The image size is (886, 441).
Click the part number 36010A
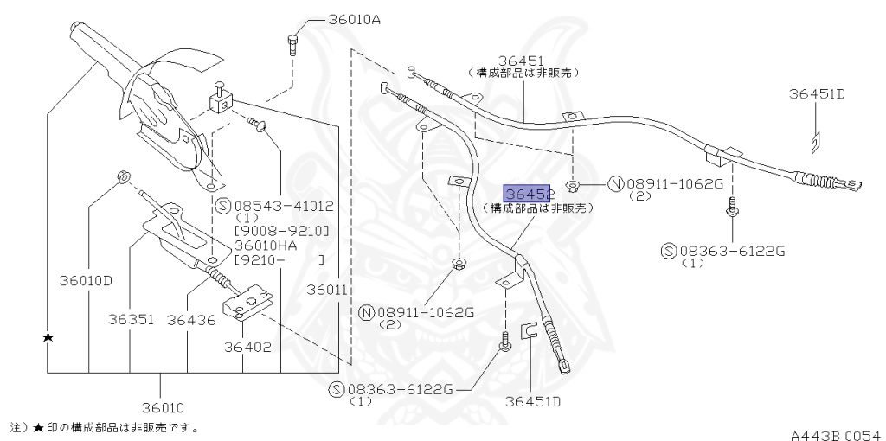point(353,19)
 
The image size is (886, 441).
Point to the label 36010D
point(86,280)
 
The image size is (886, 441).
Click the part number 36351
point(131,319)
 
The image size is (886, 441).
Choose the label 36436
point(190,319)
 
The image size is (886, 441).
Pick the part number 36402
point(248,348)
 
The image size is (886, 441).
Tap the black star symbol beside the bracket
point(48,337)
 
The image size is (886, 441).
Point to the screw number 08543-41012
point(285,206)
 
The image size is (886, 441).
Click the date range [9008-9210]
point(277,233)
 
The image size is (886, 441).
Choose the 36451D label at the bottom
point(534,401)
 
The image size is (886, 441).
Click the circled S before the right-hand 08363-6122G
point(668,251)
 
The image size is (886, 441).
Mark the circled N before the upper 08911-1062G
point(616,183)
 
